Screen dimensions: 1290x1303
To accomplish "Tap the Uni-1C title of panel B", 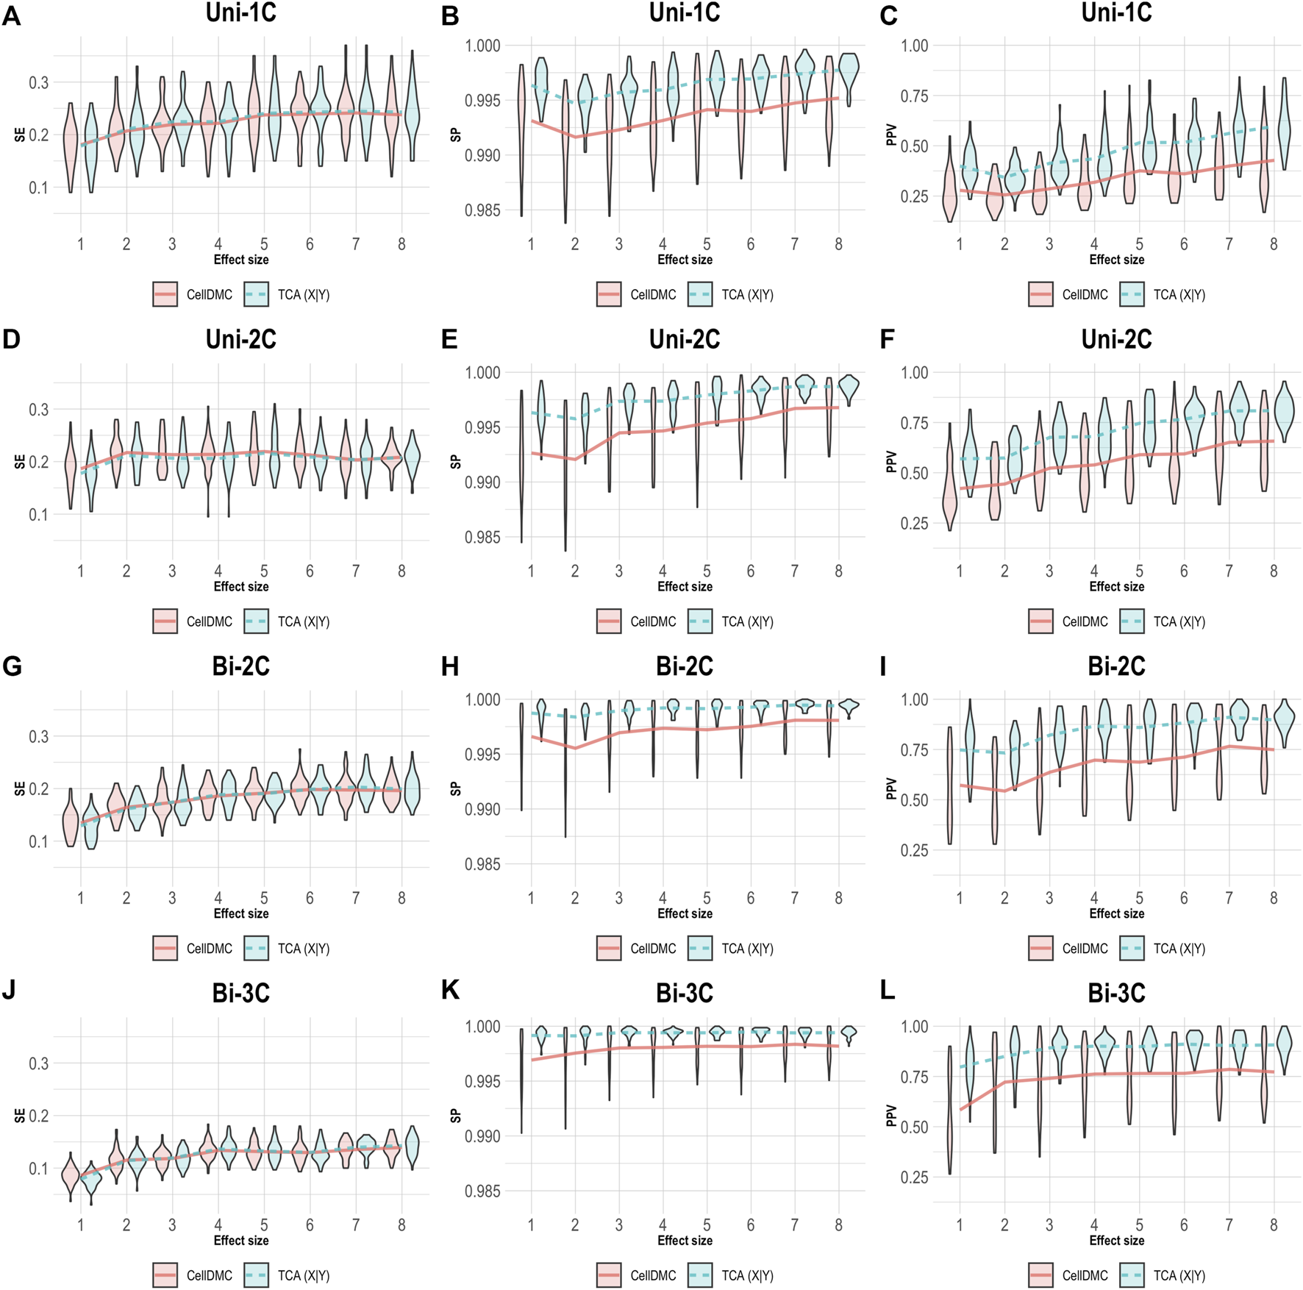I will [684, 13].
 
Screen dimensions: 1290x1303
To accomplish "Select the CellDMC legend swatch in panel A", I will [165, 294].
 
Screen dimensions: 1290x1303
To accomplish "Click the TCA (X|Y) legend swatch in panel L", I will [1132, 1275].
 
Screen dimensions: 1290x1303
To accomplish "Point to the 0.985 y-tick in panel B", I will [482, 210].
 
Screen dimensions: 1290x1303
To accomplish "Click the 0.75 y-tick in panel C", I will [915, 96].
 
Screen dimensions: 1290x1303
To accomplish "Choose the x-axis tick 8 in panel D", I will [401, 571].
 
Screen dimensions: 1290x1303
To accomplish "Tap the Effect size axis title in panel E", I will [684, 587].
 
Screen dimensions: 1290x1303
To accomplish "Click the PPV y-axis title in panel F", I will [891, 462].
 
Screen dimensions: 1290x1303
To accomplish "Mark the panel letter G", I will [11, 667].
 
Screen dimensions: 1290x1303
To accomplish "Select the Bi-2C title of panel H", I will [684, 666].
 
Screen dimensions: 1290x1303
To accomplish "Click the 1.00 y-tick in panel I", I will [915, 699].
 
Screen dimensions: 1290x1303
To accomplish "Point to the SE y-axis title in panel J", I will [20, 1116].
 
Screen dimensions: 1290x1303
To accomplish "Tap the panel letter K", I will [450, 991].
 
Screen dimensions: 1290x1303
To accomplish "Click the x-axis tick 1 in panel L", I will [960, 1225].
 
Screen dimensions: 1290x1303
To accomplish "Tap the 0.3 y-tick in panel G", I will [39, 736].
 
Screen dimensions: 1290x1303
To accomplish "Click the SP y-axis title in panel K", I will [455, 1116].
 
